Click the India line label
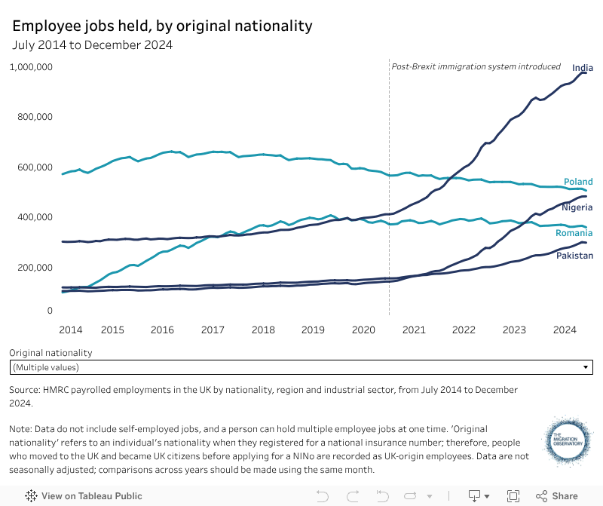click(x=583, y=67)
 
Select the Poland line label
click(x=578, y=182)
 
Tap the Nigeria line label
click(x=577, y=207)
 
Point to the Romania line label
click(x=574, y=233)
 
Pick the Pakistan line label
click(x=574, y=256)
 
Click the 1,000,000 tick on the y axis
click(x=30, y=67)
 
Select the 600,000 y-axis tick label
click(x=30, y=167)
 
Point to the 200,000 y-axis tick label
click(x=30, y=268)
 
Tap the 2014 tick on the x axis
click(x=70, y=330)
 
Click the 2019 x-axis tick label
click(x=313, y=330)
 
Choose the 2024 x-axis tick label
click(x=565, y=330)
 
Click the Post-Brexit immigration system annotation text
click(x=476, y=66)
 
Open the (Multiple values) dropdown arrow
click(x=586, y=367)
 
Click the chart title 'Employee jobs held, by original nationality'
click(x=162, y=26)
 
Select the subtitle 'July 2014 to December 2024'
click(x=92, y=44)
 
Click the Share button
click(x=557, y=496)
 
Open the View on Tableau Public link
click(x=84, y=496)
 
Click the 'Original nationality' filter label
click(x=51, y=352)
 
